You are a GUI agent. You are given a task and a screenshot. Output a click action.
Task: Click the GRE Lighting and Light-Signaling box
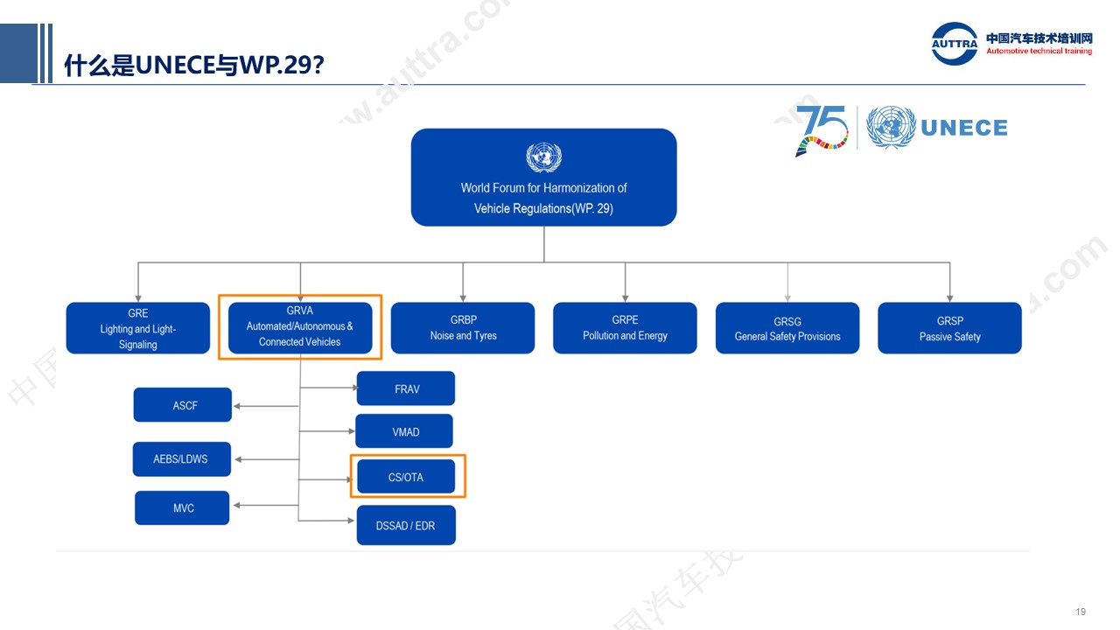coord(138,328)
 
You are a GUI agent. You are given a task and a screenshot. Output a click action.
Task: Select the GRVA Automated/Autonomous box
coord(300,328)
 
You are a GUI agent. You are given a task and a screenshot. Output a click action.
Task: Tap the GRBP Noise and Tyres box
coord(463,328)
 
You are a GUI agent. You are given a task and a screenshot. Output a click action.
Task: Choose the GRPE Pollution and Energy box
coord(625,328)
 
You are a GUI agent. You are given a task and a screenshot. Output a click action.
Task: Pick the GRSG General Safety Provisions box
coord(787,328)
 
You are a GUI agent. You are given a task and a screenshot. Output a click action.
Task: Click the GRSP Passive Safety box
coord(950,328)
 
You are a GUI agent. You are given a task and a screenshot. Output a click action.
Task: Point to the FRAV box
coord(406,388)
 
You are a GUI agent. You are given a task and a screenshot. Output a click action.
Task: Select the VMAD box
coord(404,431)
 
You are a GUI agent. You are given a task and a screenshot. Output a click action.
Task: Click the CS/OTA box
coord(406,477)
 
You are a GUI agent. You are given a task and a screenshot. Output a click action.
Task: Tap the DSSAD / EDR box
coord(406,525)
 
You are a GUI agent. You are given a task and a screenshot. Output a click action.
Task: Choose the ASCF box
coord(183,405)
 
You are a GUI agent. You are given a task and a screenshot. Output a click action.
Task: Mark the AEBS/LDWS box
coord(182,459)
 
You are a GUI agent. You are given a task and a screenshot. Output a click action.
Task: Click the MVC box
coord(182,508)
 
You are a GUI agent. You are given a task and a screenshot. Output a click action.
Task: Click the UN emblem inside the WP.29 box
coord(544,157)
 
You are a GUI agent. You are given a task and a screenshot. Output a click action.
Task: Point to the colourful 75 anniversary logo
coord(822,130)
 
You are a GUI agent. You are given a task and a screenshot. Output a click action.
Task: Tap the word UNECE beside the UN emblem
coord(964,128)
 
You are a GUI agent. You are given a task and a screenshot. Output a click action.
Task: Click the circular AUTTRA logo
coord(955,44)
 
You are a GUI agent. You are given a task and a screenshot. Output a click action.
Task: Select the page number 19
coord(1081,612)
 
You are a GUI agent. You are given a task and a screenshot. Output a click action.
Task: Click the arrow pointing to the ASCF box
coord(267,406)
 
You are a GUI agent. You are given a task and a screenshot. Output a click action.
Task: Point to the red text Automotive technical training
coord(1039,51)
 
